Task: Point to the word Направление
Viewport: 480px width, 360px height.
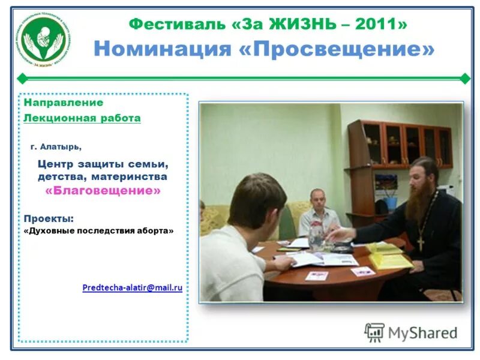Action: (64, 103)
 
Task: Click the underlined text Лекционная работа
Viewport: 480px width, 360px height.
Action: (82, 118)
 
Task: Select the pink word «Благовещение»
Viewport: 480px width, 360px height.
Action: (103, 191)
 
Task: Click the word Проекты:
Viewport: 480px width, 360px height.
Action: (49, 218)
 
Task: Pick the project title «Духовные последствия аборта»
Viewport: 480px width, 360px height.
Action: (99, 231)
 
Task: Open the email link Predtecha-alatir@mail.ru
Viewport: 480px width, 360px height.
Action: (133, 288)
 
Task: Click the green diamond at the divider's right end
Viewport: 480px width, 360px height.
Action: (464, 78)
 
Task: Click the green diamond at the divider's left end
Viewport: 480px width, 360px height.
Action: (22, 78)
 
